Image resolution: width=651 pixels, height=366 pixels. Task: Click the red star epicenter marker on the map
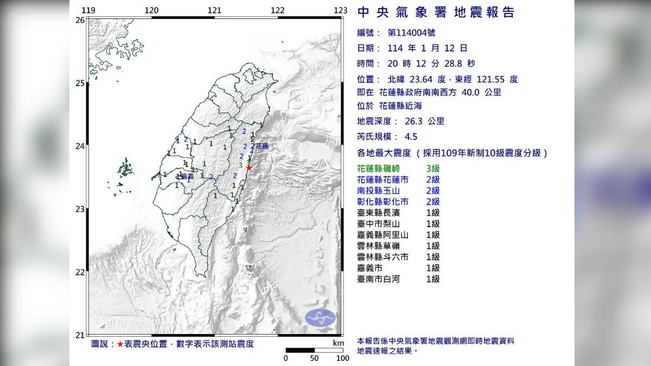point(249,168)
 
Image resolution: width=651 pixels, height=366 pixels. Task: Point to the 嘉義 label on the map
point(187,177)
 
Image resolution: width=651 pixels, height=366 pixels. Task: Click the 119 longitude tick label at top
point(88,10)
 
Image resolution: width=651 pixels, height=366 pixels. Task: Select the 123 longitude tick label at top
point(340,10)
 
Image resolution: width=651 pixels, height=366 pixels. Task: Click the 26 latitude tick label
point(80,20)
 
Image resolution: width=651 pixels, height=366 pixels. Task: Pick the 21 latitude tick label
point(80,335)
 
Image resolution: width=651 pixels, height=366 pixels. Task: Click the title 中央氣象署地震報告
point(436,12)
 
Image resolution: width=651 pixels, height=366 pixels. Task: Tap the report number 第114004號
point(412,33)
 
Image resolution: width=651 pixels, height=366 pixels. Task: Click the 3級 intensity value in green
point(432,169)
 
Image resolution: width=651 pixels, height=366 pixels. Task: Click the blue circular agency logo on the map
point(320,318)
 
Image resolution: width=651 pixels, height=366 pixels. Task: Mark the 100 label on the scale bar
point(342,358)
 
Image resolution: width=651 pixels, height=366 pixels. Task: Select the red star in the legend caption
point(120,344)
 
